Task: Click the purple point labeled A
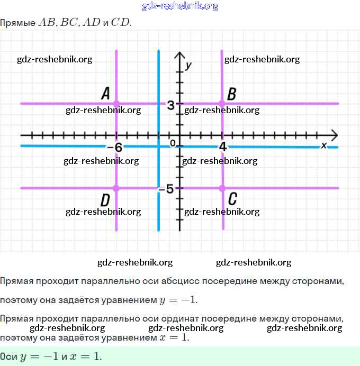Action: [x=116, y=103]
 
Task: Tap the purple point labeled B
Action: [x=222, y=103]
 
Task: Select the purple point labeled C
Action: [x=222, y=188]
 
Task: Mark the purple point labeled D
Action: [x=116, y=188]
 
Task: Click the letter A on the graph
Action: [x=105, y=94]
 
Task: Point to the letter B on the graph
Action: [x=231, y=94]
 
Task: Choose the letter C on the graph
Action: [x=232, y=199]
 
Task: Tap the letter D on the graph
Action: [x=105, y=200]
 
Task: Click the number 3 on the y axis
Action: [x=170, y=105]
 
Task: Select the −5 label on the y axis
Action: [x=166, y=189]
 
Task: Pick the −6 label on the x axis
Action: [x=115, y=148]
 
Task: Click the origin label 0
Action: [x=173, y=143]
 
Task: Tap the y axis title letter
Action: [x=188, y=65]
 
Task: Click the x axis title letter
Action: [x=324, y=144]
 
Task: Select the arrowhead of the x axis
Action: [x=334, y=134]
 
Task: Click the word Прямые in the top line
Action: [x=17, y=23]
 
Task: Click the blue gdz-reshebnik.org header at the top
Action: [x=180, y=6]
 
